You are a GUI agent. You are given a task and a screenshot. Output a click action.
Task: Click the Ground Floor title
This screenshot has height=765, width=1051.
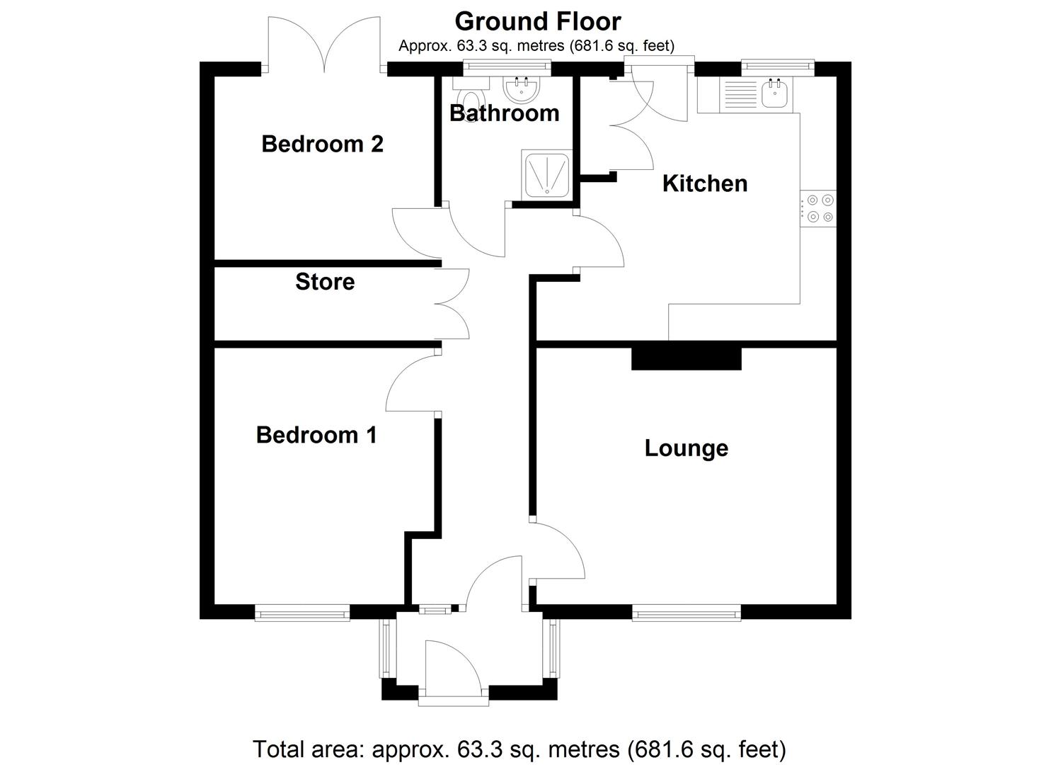tap(537, 21)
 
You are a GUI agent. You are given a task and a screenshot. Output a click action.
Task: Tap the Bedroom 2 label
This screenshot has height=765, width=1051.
tap(322, 144)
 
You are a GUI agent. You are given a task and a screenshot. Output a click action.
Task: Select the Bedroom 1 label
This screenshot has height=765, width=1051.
tap(316, 434)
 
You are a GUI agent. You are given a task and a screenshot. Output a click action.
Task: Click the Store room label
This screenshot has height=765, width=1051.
tap(325, 281)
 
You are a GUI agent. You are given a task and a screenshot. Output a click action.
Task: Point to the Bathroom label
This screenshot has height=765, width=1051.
tap(504, 113)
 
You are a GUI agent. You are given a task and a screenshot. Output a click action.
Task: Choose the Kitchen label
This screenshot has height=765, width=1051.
tap(704, 183)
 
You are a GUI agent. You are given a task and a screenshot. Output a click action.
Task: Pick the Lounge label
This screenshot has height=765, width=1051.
tap(686, 448)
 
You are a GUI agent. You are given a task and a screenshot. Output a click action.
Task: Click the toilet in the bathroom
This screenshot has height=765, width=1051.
tap(469, 96)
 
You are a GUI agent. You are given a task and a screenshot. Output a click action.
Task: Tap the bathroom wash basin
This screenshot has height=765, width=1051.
tap(522, 90)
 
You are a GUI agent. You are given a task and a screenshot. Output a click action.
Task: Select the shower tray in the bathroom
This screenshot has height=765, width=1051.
tap(546, 174)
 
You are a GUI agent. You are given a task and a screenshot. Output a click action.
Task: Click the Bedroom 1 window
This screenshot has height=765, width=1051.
tap(302, 613)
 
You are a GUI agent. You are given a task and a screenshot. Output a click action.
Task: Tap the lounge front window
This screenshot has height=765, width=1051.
tap(686, 613)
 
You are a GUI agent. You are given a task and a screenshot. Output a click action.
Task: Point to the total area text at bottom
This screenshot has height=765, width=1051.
tap(519, 749)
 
